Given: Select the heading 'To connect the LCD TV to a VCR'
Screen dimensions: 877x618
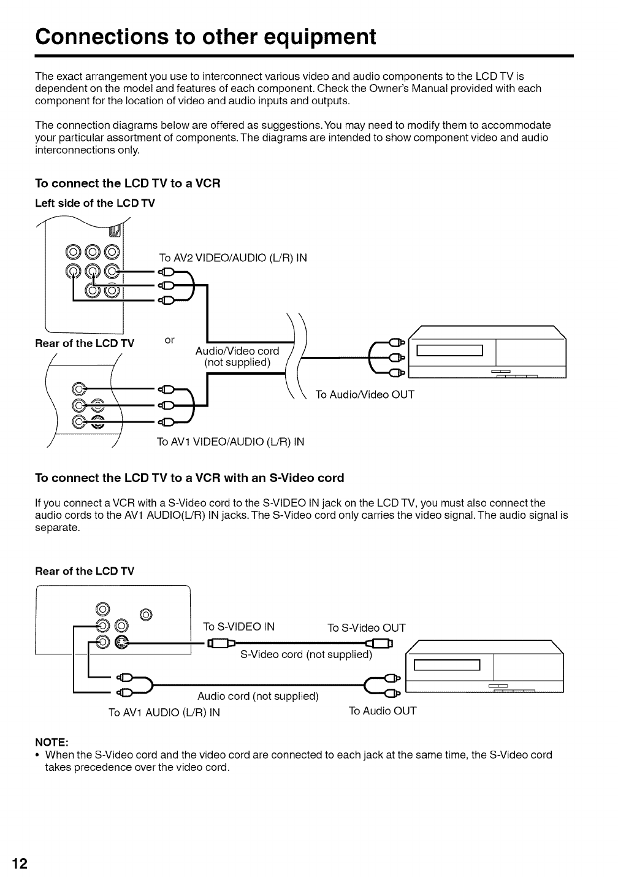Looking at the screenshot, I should coord(128,183).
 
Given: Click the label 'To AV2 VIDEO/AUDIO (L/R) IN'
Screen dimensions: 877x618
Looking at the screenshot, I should coord(232,258).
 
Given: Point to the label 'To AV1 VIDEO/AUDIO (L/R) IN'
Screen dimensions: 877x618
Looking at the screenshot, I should coord(231,442).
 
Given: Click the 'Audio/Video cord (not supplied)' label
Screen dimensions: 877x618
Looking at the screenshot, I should coord(237,356).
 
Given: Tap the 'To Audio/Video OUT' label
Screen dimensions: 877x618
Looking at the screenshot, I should coord(365,394).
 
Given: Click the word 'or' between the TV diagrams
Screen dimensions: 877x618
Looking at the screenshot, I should coord(170,339).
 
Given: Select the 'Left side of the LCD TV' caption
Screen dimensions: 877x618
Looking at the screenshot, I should coord(95,203).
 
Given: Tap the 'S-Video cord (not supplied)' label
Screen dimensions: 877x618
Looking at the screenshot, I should coord(307,654).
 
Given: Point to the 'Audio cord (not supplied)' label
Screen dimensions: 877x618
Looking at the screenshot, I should coord(258,696).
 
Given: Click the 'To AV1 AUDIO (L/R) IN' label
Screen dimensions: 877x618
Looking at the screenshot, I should coord(164,712).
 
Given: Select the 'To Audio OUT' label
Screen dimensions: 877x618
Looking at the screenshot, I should coord(383,711).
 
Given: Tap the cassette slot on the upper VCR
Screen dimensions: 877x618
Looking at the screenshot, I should coord(450,350).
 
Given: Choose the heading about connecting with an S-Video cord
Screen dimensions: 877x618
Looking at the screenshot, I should coord(189,478).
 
